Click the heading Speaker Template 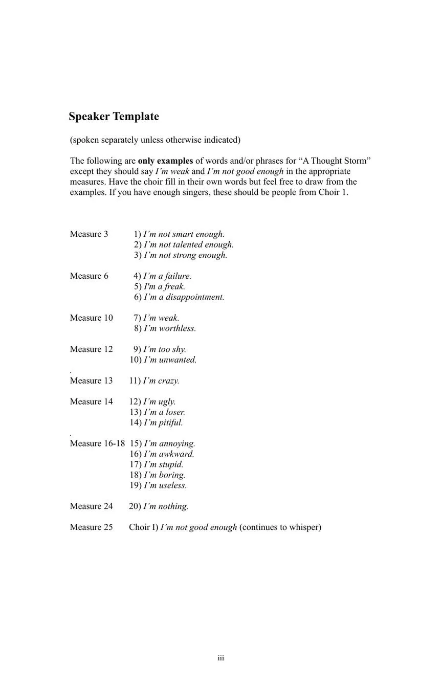pos(114,117)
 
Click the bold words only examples pos(165,161)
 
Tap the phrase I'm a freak pos(165,286)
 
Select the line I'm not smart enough pos(184,234)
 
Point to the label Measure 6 pos(89,276)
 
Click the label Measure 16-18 pos(97,444)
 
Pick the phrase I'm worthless pos(170,328)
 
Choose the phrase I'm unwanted pos(170,360)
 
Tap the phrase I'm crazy pos(161,381)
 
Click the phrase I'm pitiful pos(163,423)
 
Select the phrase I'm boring pos(165,475)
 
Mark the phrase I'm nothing pos(166,506)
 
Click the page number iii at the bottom pos(221,658)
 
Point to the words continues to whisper pos(280,527)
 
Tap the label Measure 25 pos(91,527)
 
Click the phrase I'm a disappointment pos(184,297)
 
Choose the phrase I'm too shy pos(165,349)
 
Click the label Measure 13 pos(91,381)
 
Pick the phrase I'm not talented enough pos(189,245)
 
